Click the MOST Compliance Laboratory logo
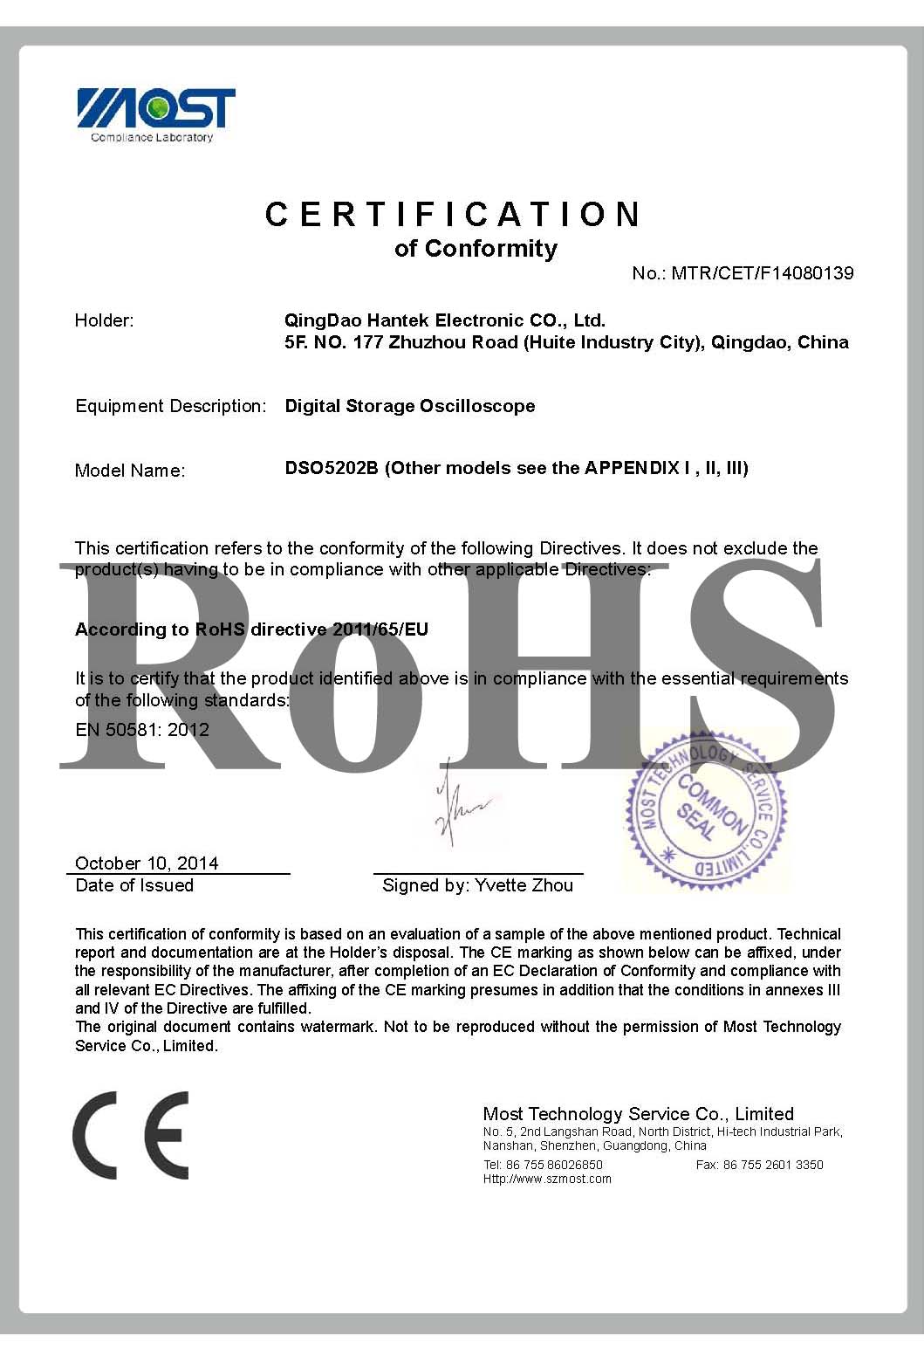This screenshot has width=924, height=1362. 156,113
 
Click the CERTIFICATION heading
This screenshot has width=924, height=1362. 454,215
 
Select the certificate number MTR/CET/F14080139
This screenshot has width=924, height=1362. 762,273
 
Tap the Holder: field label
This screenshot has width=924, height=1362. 104,320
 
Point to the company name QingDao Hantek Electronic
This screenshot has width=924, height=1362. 444,320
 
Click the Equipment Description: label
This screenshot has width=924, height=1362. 170,406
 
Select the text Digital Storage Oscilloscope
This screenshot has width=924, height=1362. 410,406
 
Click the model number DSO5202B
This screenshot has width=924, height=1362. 332,468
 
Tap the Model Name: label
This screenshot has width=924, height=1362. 130,471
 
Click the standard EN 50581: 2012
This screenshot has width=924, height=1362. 142,730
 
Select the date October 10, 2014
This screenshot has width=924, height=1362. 147,863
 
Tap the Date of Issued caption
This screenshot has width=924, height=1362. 134,885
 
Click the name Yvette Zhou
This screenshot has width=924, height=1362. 524,885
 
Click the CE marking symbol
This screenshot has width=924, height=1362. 131,1134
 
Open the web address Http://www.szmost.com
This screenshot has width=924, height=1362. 547,1179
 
